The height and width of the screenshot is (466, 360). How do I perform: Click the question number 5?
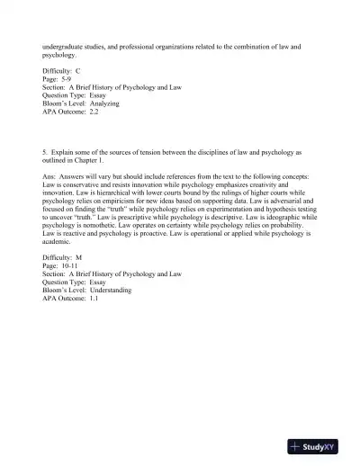[44, 153]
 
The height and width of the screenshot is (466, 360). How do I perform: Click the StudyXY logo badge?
[318, 445]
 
